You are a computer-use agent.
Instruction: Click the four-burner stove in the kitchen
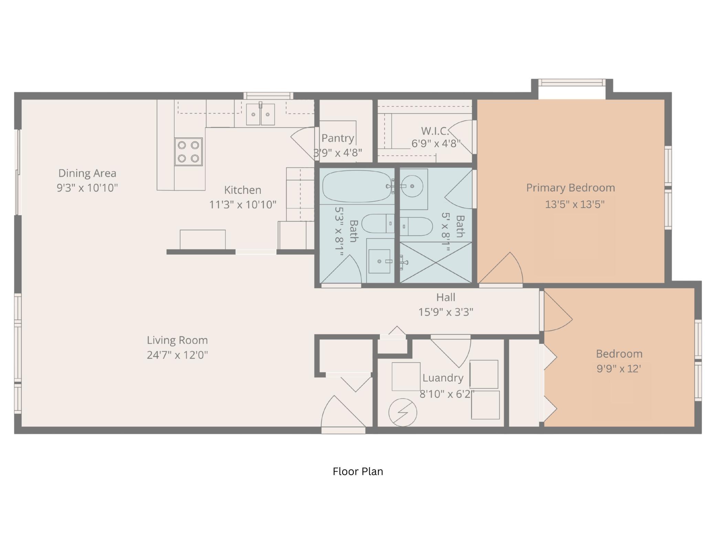(188, 151)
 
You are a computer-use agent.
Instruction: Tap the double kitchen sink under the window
(260, 114)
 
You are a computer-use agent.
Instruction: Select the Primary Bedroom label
(570, 188)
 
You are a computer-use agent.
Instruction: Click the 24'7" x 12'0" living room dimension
(177, 355)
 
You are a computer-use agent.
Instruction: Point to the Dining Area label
(87, 173)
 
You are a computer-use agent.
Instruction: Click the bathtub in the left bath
(357, 186)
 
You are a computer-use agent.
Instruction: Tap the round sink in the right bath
(412, 186)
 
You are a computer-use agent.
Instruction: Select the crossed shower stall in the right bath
(436, 263)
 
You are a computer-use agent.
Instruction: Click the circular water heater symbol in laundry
(403, 412)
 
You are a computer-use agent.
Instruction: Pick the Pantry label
(338, 138)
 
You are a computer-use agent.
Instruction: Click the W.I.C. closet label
(435, 131)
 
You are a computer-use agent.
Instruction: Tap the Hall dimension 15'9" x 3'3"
(446, 312)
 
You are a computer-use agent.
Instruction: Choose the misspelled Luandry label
(443, 378)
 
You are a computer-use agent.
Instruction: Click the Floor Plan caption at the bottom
(358, 471)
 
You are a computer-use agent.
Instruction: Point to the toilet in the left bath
(378, 223)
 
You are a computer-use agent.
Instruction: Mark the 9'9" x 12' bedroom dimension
(619, 369)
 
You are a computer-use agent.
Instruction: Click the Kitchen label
(243, 190)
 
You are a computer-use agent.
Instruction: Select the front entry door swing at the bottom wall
(343, 414)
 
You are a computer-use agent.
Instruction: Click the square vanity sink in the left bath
(379, 261)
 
